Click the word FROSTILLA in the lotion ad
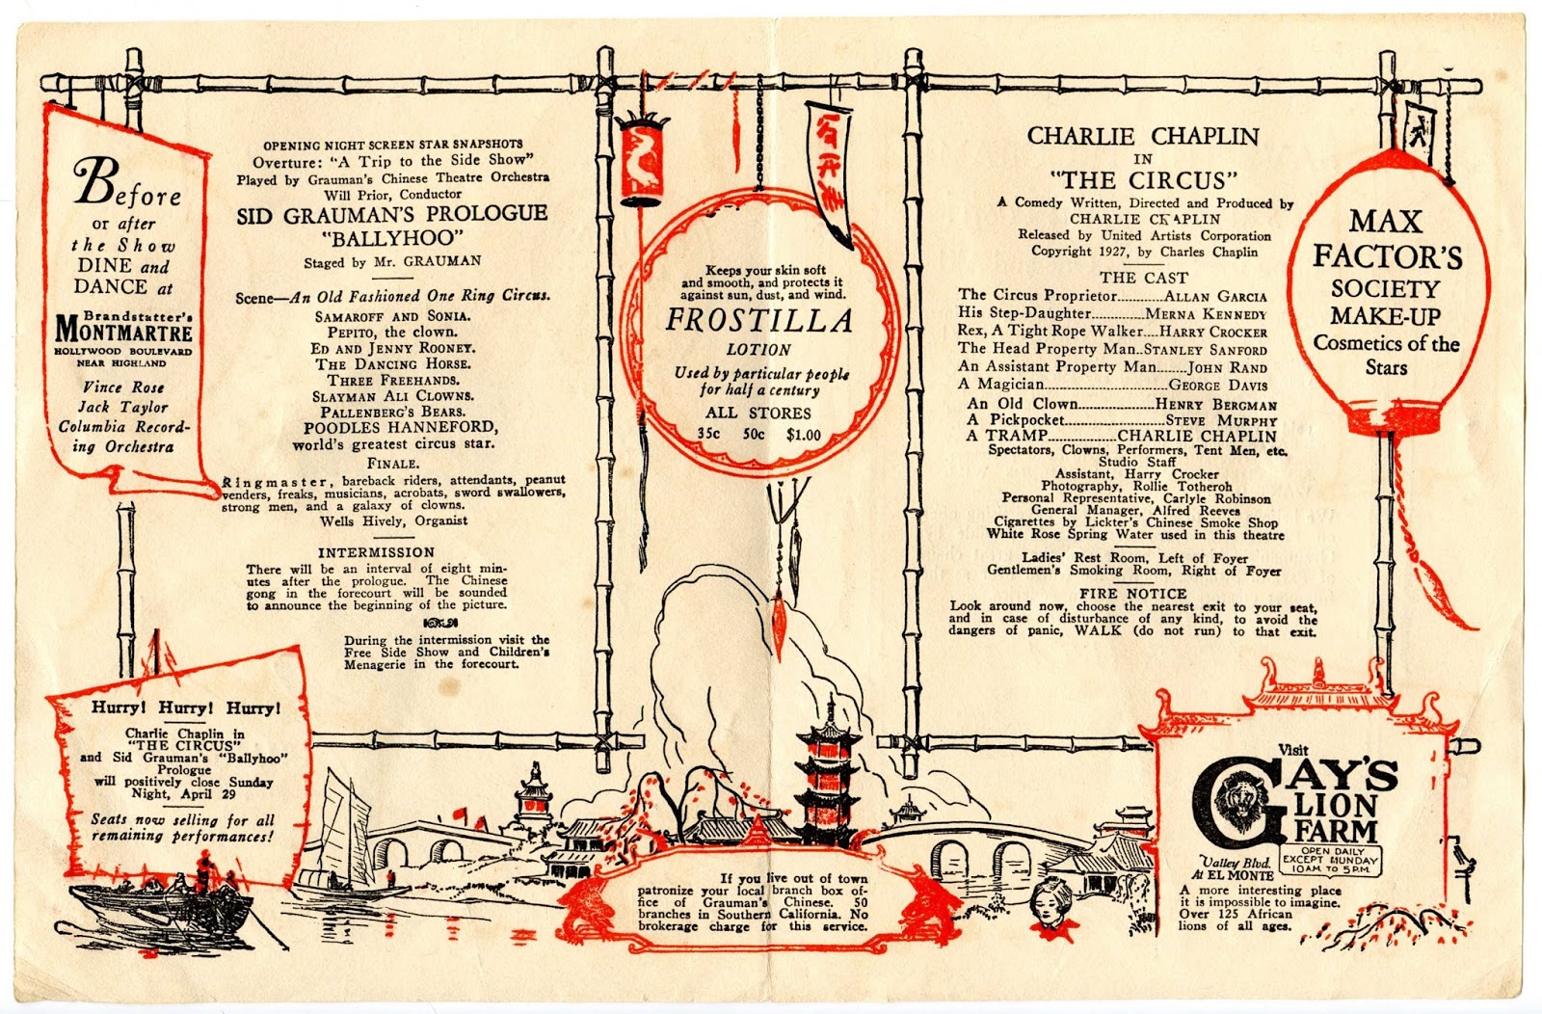[x=758, y=321]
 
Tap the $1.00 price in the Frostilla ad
[x=803, y=435]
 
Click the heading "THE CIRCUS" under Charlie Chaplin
[x=1142, y=180]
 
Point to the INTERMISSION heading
[x=376, y=552]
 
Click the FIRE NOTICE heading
[x=1132, y=594]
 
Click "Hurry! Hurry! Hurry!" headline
[x=186, y=708]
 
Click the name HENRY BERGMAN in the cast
[x=1215, y=406]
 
